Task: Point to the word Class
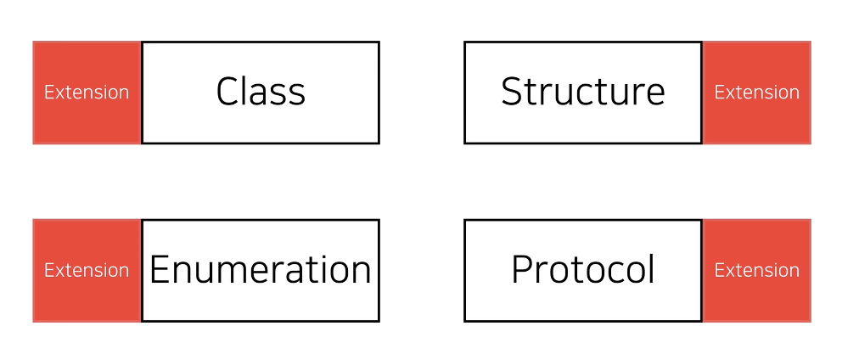coord(261,92)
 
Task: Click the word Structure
coord(582,92)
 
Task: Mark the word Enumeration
coord(260,270)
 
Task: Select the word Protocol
coord(582,270)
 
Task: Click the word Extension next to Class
coord(87,92)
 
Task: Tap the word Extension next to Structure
coord(756,92)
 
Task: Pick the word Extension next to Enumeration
coord(87,270)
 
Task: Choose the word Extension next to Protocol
coord(756,270)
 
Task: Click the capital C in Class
coord(227,92)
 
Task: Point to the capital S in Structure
coord(511,92)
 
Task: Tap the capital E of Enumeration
coord(160,270)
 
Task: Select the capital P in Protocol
coord(522,270)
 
